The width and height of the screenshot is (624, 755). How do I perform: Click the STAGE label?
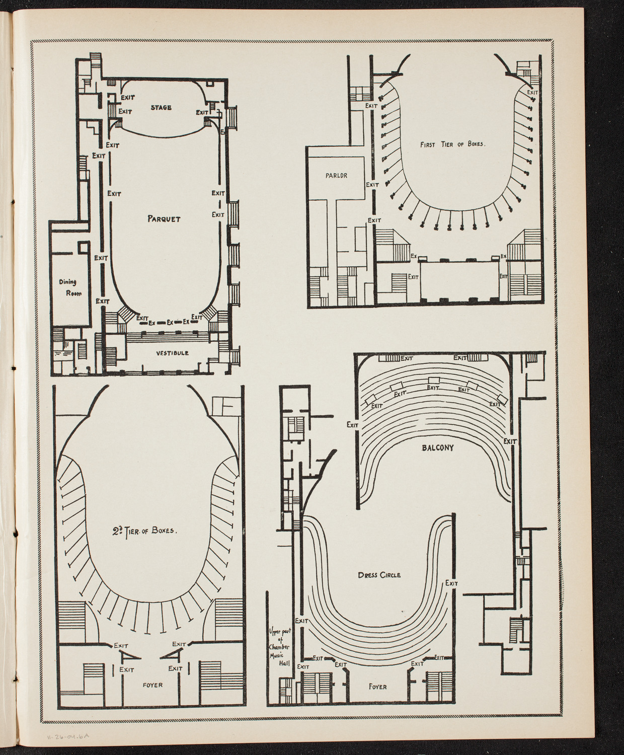pyautogui.click(x=161, y=107)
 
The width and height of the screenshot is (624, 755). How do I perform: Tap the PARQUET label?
pyautogui.click(x=164, y=218)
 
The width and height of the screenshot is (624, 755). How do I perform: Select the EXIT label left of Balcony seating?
pyautogui.click(x=352, y=425)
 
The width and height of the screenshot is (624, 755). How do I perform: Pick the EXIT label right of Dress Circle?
pyautogui.click(x=451, y=583)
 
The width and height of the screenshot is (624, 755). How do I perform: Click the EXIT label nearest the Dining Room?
pyautogui.click(x=103, y=300)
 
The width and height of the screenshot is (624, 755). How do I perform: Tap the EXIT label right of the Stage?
pyautogui.click(x=202, y=112)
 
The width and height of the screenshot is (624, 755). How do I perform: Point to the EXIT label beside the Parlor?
pyautogui.click(x=372, y=185)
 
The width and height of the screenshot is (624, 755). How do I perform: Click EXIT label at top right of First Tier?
pyautogui.click(x=532, y=92)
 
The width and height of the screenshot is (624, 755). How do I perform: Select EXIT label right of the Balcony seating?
pyautogui.click(x=510, y=441)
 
